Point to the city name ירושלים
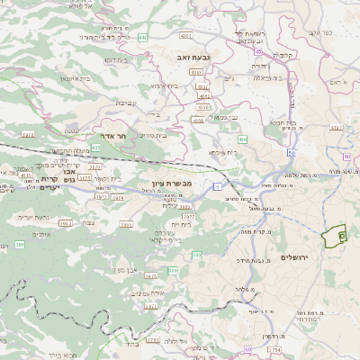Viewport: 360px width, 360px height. tap(294, 257)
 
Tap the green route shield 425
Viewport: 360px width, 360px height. tap(96, 146)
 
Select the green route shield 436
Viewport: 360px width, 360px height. tap(242, 139)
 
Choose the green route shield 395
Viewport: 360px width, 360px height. tap(20, 244)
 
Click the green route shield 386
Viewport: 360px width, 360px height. tap(173, 269)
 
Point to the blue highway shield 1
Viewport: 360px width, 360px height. tap(217, 185)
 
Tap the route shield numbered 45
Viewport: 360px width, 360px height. tap(258, 52)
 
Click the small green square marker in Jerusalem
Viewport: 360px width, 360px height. tap(342, 234)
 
